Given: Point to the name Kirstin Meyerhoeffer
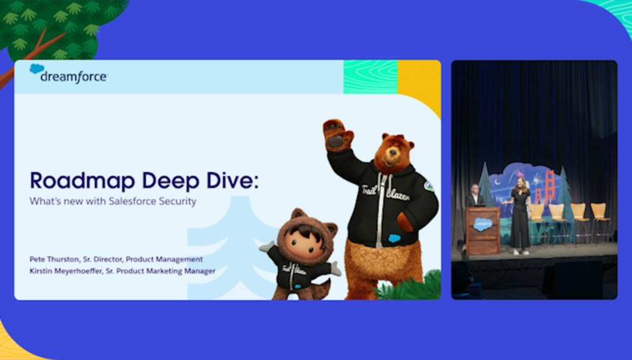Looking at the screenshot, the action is [x=66, y=271].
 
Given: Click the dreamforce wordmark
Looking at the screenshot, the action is [x=74, y=77].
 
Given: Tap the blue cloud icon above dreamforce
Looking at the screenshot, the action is [x=36, y=69].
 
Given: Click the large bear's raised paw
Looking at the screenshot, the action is [x=338, y=134].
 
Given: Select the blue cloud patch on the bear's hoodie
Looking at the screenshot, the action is [x=394, y=238].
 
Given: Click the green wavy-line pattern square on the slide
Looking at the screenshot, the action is [x=371, y=77].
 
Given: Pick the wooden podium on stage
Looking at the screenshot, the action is [x=483, y=231].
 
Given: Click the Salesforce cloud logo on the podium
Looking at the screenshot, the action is [x=483, y=224].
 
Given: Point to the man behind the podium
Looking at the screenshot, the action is [x=475, y=196].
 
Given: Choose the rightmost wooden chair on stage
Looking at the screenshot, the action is [x=601, y=222].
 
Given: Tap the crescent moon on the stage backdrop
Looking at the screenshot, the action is [x=498, y=182].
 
